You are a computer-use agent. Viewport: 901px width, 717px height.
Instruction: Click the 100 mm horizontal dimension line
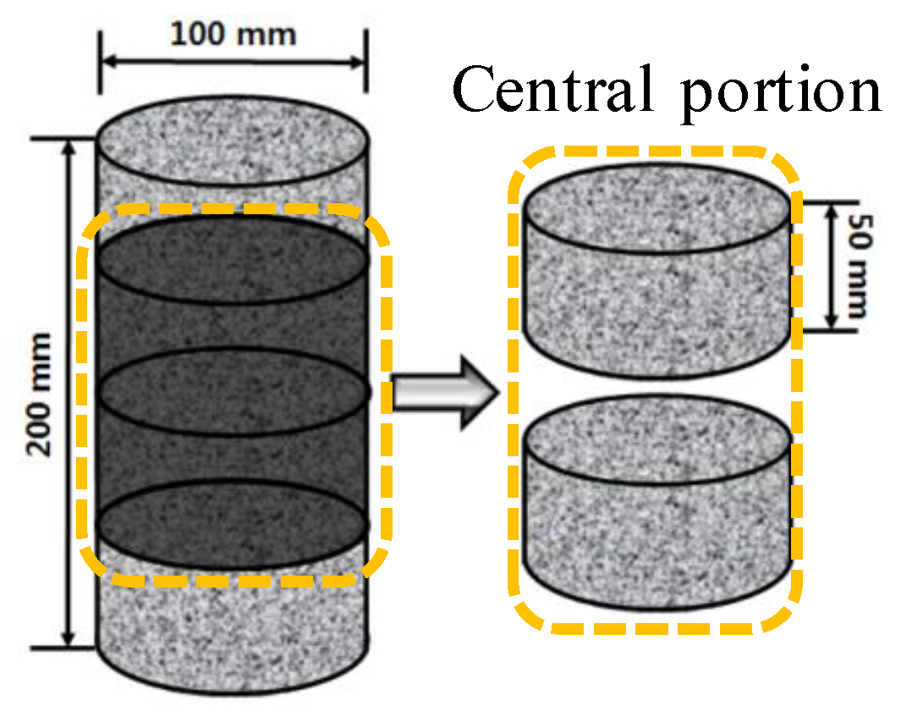pyautogui.click(x=233, y=62)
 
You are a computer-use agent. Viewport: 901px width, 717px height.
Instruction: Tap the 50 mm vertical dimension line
pyautogui.click(x=832, y=264)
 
